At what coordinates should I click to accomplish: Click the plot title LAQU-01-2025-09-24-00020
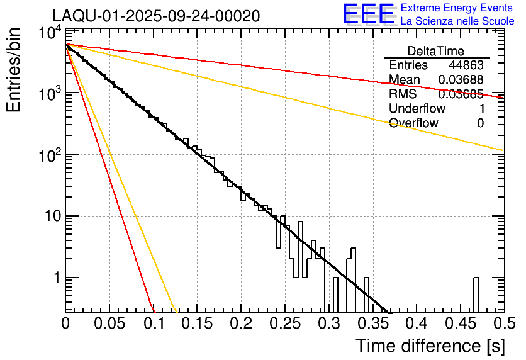click(x=156, y=16)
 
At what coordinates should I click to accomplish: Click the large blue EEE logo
click(x=368, y=14)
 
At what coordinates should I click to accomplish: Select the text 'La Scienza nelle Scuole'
click(x=457, y=21)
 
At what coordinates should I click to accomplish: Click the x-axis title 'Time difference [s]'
click(x=430, y=346)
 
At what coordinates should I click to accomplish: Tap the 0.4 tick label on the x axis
click(x=415, y=323)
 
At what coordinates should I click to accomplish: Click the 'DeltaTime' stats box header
click(x=436, y=51)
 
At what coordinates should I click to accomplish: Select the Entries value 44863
click(x=466, y=65)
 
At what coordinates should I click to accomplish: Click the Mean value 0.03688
click(x=461, y=80)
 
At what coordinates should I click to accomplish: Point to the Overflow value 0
click(x=480, y=123)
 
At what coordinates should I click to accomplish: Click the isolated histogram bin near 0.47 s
click(x=476, y=293)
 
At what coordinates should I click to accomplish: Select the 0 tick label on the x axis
click(x=65, y=323)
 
